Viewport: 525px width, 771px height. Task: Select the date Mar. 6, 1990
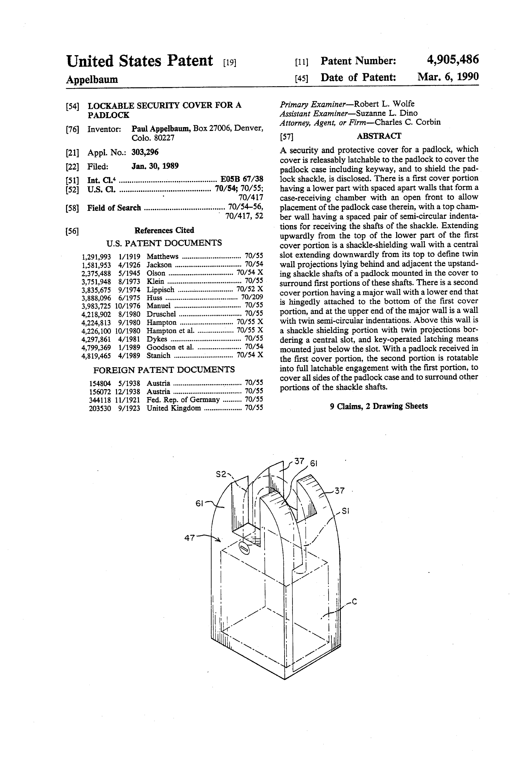point(448,77)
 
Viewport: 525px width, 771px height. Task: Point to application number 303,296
point(145,152)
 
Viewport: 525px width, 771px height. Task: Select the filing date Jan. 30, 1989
point(155,166)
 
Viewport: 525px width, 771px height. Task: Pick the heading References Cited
point(164,230)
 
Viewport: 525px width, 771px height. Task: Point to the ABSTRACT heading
point(379,136)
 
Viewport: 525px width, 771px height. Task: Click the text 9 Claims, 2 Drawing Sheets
point(379,406)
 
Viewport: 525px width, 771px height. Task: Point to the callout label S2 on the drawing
point(221,474)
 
